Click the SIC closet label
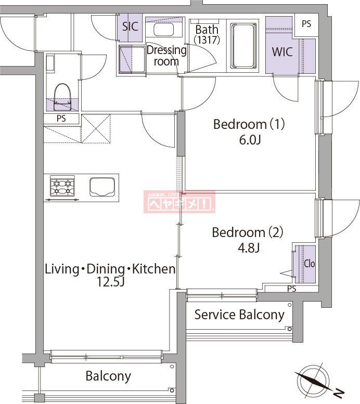coord(130,26)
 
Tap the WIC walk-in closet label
coord(282,52)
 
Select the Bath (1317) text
coord(207,34)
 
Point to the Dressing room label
coord(166,56)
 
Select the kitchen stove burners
coord(62,186)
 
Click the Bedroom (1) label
coord(250,125)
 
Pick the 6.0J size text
coord(250,140)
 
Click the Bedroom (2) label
coord(247,232)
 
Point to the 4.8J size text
coord(248,247)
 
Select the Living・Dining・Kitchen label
coord(110,269)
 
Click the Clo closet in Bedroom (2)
coord(308,263)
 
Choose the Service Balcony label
coord(239,315)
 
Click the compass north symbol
coord(315,384)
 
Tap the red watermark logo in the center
coord(179,202)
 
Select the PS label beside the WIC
coord(306,24)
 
